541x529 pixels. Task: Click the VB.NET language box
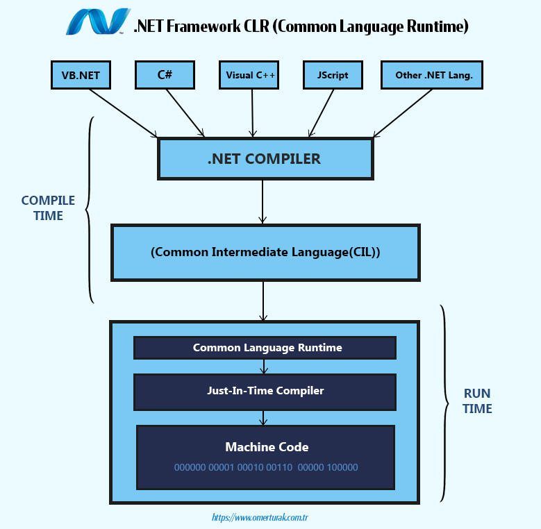81,75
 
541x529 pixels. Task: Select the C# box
165,75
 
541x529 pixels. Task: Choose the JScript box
333,75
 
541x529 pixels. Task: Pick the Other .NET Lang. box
431,75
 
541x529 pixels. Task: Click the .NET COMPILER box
265,158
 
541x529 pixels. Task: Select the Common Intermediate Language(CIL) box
265,252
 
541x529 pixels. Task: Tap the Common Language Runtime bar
265,347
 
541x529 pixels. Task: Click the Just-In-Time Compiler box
265,391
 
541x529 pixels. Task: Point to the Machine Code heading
267,447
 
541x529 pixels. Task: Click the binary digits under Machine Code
266,467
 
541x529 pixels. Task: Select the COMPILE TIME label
48,208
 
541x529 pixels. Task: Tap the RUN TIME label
477,401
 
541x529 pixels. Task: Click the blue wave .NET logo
97,22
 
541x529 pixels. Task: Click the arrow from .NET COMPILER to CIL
263,205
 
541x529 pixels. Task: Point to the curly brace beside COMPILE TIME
89,208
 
